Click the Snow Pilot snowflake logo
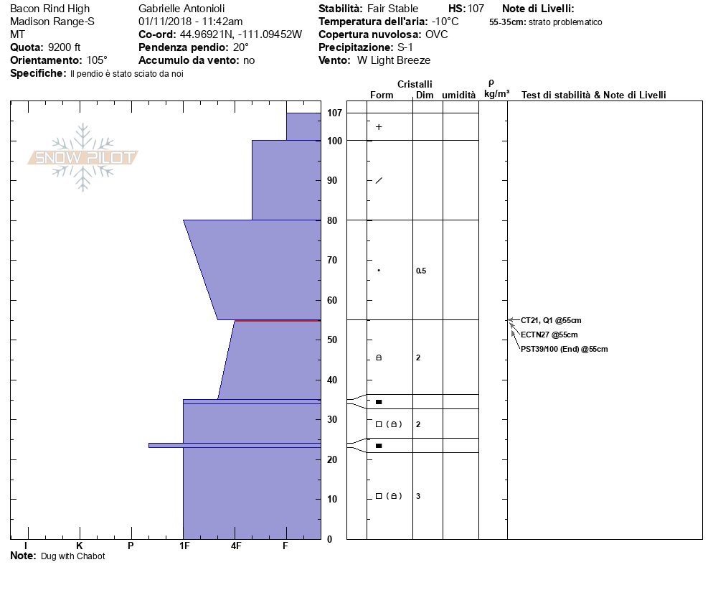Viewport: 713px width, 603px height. (82, 157)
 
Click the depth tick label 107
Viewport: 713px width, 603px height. (334, 113)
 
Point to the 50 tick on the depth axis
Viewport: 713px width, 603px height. (332, 340)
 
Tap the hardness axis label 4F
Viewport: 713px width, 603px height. (235, 546)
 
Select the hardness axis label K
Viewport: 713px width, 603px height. (79, 546)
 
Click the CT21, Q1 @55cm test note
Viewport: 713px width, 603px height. (551, 320)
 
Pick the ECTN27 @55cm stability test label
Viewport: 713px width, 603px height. (549, 335)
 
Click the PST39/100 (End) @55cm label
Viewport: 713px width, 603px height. (564, 350)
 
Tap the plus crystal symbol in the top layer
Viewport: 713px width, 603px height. (379, 127)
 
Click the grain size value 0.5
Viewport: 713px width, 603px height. (420, 271)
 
